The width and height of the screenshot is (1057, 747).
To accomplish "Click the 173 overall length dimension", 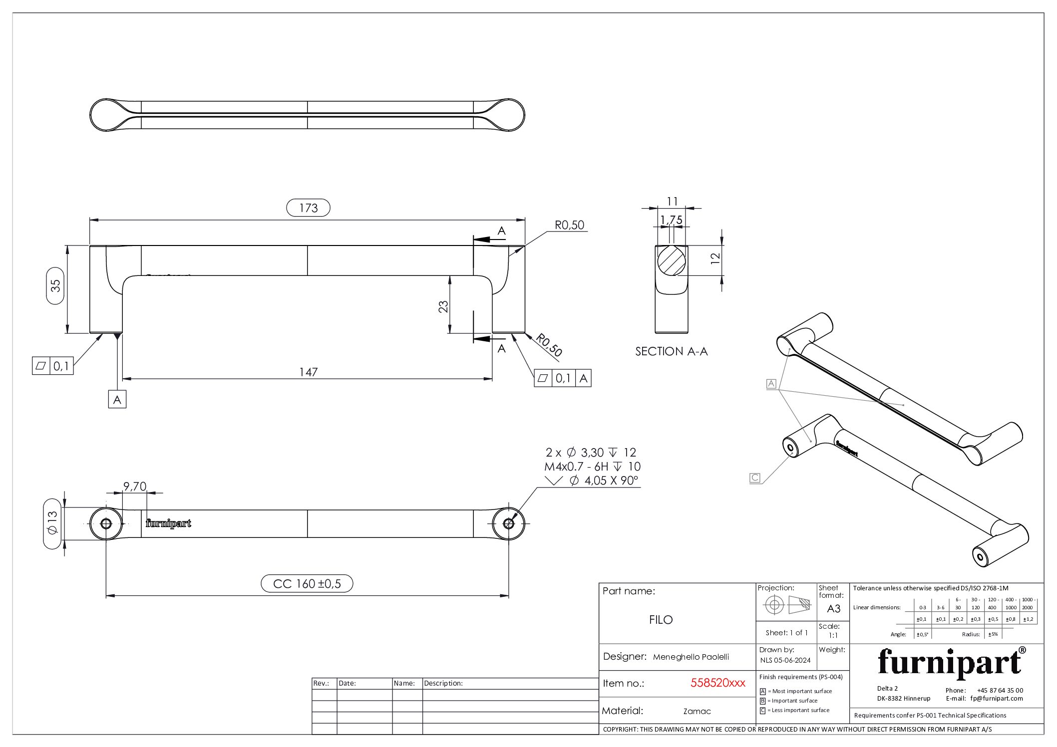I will [308, 208].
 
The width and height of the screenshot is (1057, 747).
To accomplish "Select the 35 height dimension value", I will [55, 285].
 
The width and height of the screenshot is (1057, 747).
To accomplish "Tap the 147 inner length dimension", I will [308, 372].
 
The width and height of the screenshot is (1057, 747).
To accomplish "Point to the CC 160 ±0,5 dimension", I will [307, 583].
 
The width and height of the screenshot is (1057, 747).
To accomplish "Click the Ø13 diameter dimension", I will [52, 523].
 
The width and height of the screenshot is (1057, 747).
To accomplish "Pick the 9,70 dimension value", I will [135, 487].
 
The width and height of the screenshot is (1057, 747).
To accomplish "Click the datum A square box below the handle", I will [117, 400].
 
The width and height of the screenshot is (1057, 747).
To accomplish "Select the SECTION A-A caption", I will [671, 351].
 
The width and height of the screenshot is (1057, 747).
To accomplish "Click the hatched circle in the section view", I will [671, 260].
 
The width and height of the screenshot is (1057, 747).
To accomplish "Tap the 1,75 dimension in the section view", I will [671, 220].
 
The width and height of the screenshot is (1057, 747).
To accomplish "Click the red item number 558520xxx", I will [717, 683].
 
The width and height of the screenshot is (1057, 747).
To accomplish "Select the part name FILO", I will [661, 620].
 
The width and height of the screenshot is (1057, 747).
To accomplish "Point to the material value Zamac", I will [697, 711].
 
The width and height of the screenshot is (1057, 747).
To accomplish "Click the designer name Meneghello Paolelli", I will [691, 657].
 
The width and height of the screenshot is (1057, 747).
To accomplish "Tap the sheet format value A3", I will [833, 609].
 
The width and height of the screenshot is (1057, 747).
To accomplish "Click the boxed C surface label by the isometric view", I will [755, 478].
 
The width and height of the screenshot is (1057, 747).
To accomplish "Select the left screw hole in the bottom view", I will [106, 523].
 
